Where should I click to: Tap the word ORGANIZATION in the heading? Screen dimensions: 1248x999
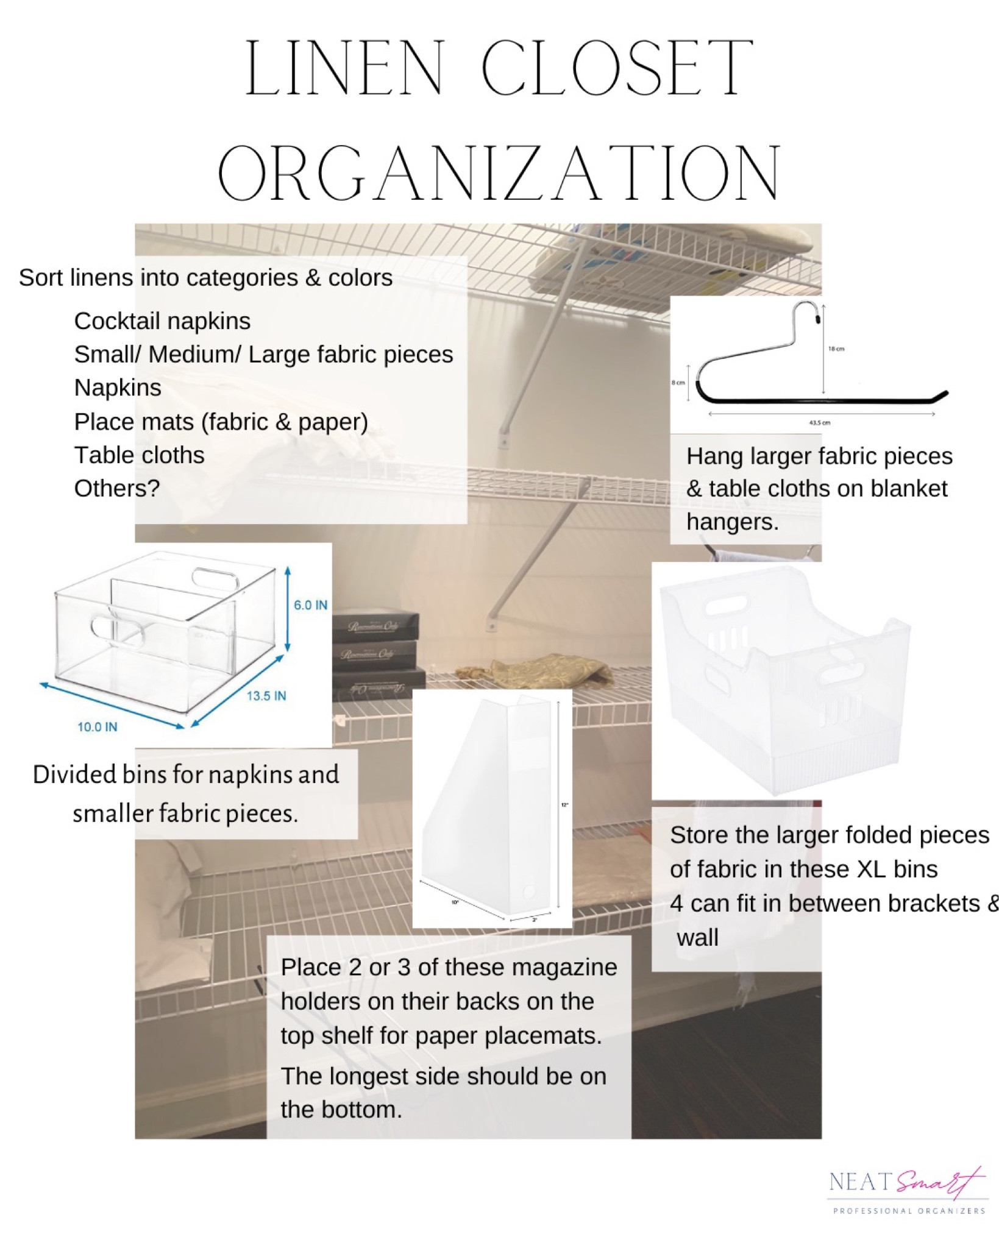[x=499, y=174]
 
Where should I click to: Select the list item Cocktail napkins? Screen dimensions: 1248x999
[x=162, y=321]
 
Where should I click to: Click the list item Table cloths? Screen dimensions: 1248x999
[x=139, y=455]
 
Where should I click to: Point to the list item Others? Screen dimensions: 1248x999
[x=116, y=488]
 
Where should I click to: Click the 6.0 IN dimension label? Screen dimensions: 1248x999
[x=310, y=605]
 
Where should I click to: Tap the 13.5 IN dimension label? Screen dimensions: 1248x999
[x=266, y=696]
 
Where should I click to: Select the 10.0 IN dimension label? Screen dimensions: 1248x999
[x=97, y=726]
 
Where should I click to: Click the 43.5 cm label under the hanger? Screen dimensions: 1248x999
[x=820, y=422]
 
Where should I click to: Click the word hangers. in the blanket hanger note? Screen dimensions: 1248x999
[x=732, y=522]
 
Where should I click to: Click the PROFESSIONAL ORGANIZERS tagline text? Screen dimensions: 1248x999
[x=909, y=1211]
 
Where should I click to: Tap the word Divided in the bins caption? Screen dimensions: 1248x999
[x=74, y=775]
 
